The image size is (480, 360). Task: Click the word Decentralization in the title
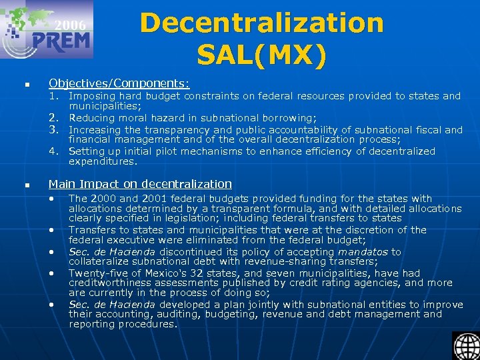[x=261, y=23]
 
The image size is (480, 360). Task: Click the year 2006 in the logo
[x=71, y=25]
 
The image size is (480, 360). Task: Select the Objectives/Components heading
[x=119, y=83]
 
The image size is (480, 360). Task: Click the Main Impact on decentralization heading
[x=140, y=184]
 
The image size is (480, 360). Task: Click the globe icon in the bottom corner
[x=465, y=345]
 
